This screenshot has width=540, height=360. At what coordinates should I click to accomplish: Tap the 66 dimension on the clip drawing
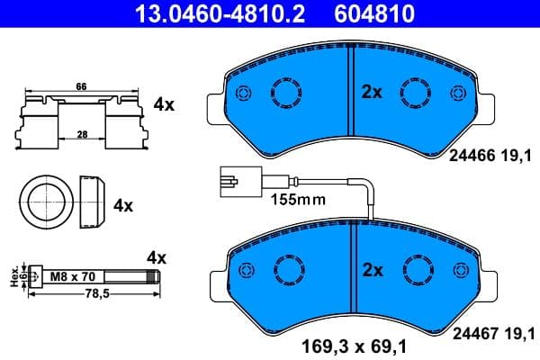80,86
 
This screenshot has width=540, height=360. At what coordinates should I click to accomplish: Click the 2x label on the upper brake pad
372,92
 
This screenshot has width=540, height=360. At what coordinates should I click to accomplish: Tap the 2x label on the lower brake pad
372,269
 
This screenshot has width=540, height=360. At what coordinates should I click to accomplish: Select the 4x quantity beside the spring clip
163,104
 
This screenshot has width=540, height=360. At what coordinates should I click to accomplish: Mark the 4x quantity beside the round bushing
122,205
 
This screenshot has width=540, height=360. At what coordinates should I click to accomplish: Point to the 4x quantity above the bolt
157,257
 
